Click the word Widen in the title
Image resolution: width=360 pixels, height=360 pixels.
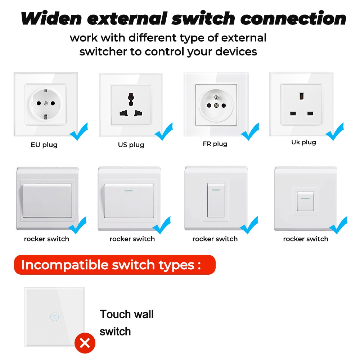[x=51, y=18]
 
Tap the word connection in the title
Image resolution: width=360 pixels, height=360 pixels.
[x=293, y=18]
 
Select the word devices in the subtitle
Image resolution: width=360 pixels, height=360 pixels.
[x=236, y=52]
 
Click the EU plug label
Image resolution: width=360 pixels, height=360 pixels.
[x=44, y=145]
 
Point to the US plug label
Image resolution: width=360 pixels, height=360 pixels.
[x=131, y=145]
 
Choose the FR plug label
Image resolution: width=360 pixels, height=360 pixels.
[x=215, y=144]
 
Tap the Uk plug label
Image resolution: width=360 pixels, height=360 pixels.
[x=303, y=142]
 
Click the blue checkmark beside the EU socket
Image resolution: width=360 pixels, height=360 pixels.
[x=79, y=132]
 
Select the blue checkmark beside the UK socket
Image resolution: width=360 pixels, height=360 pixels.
[x=335, y=132]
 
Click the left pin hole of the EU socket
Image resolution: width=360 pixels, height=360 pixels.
[x=38, y=103]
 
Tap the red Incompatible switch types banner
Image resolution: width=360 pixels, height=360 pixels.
[x=114, y=265]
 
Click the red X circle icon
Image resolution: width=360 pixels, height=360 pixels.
[x=85, y=343]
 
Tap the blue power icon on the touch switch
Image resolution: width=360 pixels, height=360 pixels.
[x=54, y=317]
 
